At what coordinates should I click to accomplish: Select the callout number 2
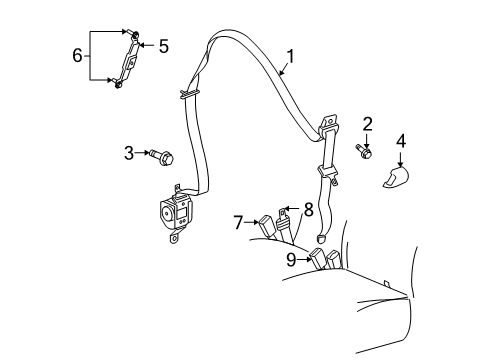click(367, 124)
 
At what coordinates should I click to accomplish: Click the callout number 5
click(165, 45)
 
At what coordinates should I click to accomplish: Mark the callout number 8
click(308, 211)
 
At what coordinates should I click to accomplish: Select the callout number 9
click(291, 261)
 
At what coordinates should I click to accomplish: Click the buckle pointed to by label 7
click(268, 227)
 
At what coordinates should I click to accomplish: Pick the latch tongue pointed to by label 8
click(286, 216)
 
